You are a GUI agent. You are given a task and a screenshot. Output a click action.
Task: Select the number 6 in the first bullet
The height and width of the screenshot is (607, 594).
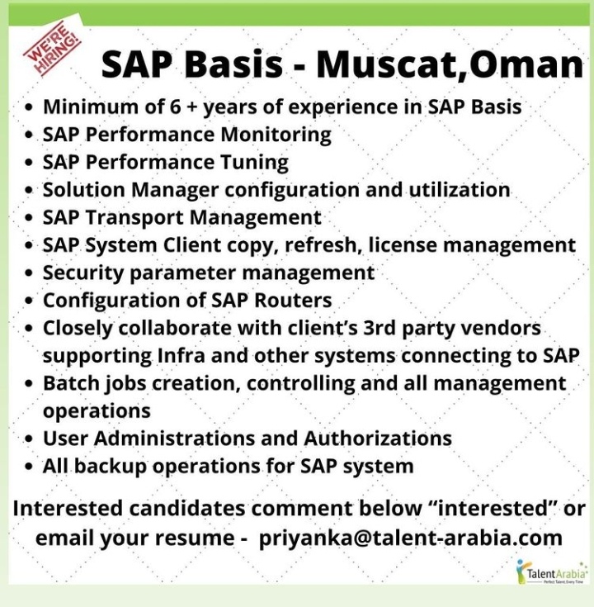click(x=175, y=107)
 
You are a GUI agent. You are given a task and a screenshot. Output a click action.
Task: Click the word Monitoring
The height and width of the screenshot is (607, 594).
click(x=276, y=135)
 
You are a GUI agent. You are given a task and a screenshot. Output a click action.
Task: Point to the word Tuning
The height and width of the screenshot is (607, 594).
click(x=254, y=163)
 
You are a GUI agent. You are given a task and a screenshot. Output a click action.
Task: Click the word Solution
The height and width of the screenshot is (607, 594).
click(x=84, y=190)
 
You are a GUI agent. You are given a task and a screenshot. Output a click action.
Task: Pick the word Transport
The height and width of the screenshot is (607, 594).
click(x=135, y=218)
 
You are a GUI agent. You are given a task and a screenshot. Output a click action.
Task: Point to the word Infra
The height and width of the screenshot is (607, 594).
click(x=181, y=355)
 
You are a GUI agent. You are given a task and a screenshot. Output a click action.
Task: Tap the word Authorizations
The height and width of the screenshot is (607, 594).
click(x=378, y=439)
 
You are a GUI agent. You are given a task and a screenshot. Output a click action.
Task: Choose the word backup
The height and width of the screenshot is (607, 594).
click(x=111, y=467)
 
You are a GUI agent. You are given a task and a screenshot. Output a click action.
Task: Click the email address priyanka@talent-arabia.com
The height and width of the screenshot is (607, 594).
click(x=410, y=538)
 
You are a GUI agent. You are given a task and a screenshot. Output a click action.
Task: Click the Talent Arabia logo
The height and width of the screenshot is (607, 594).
click(x=551, y=571)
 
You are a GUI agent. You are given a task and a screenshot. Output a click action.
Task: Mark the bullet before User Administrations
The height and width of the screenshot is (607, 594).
click(x=28, y=439)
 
